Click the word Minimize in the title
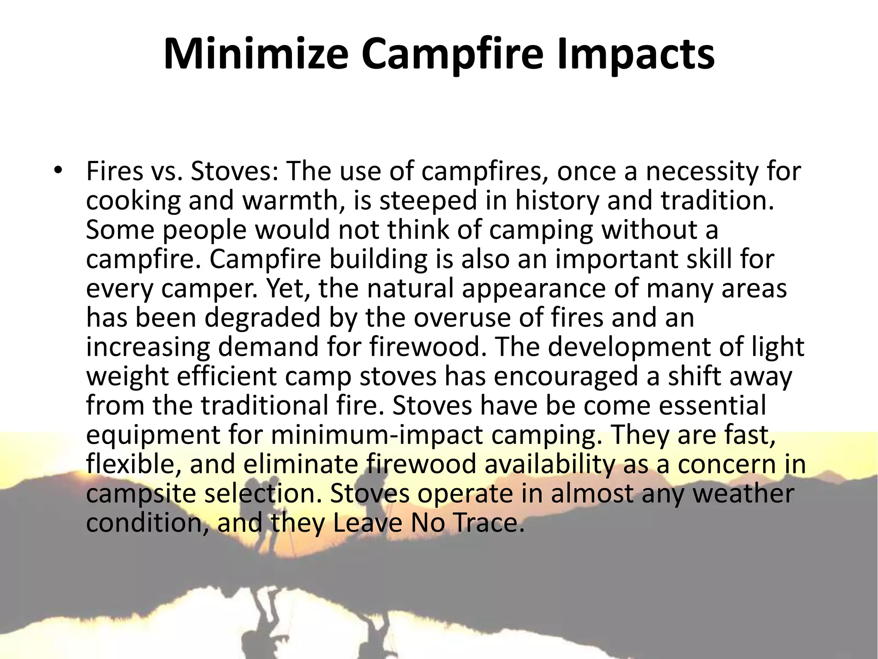(256, 54)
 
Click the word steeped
(428, 202)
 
